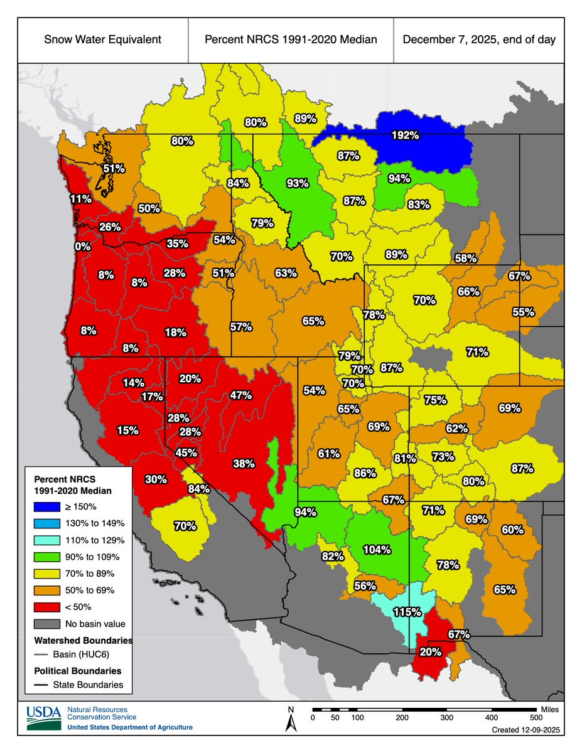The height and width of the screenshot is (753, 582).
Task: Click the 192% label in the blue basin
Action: [x=405, y=135]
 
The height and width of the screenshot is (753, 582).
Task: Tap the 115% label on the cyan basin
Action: [x=406, y=611]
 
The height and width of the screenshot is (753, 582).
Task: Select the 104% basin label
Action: [x=377, y=550]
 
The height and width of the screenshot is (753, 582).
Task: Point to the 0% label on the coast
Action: [x=82, y=247]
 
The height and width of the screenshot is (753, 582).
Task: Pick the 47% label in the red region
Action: [x=240, y=395]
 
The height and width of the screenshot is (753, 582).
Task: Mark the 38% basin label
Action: [x=244, y=464]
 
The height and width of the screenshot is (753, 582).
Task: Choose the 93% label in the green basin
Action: [x=297, y=183]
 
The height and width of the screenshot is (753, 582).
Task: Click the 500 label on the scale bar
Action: [x=536, y=717]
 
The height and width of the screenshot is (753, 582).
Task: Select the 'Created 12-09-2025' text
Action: [x=525, y=731]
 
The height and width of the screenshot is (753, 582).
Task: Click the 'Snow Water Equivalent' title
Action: [x=102, y=40]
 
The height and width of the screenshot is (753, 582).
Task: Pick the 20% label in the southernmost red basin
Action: [x=430, y=652]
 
